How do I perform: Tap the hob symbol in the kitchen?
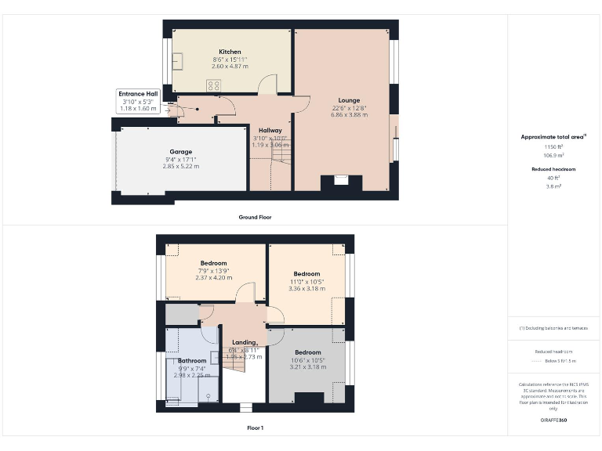coord(213,85)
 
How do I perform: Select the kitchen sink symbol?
coord(179,61)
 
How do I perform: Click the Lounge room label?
coord(350,100)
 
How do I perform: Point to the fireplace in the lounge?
coord(342,181)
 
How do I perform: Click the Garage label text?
coord(181,152)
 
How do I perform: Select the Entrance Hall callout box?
coord(139,101)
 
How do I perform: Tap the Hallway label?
coord(270,131)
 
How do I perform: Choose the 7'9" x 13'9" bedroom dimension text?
coord(213,270)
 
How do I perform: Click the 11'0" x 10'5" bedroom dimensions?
coord(306,281)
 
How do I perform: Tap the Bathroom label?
coord(191,361)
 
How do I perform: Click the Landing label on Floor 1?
coord(244,342)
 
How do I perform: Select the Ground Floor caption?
coord(256,217)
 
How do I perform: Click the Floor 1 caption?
coord(256,428)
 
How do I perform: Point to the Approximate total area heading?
coord(553,137)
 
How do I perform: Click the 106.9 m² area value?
coord(553,155)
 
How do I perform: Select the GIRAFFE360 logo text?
coord(553,420)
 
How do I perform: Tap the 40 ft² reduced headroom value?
coord(553,178)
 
